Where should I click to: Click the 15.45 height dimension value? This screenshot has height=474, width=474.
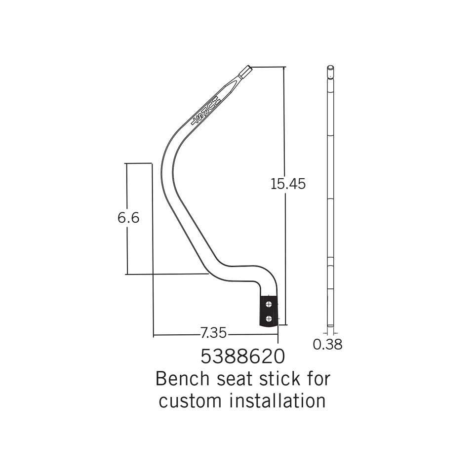[288, 184]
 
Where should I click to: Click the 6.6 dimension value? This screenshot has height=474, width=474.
[128, 218]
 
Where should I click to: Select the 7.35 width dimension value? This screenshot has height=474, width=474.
[213, 333]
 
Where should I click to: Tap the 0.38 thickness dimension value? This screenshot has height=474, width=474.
[327, 344]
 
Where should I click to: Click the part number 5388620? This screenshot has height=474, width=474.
[242, 357]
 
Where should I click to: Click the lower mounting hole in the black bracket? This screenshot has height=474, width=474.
[269, 318]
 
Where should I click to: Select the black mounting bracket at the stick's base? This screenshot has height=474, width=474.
[269, 310]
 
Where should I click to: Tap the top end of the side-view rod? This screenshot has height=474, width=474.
[330, 67]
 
